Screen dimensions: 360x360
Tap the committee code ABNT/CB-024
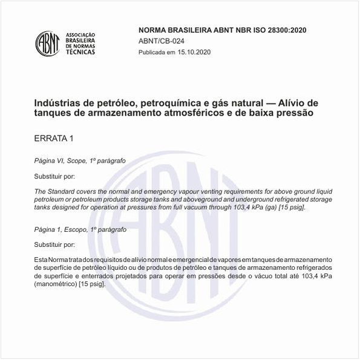(x=162, y=41)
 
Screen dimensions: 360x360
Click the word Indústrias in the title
(x=58, y=103)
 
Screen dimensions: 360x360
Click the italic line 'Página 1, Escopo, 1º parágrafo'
(x=80, y=230)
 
